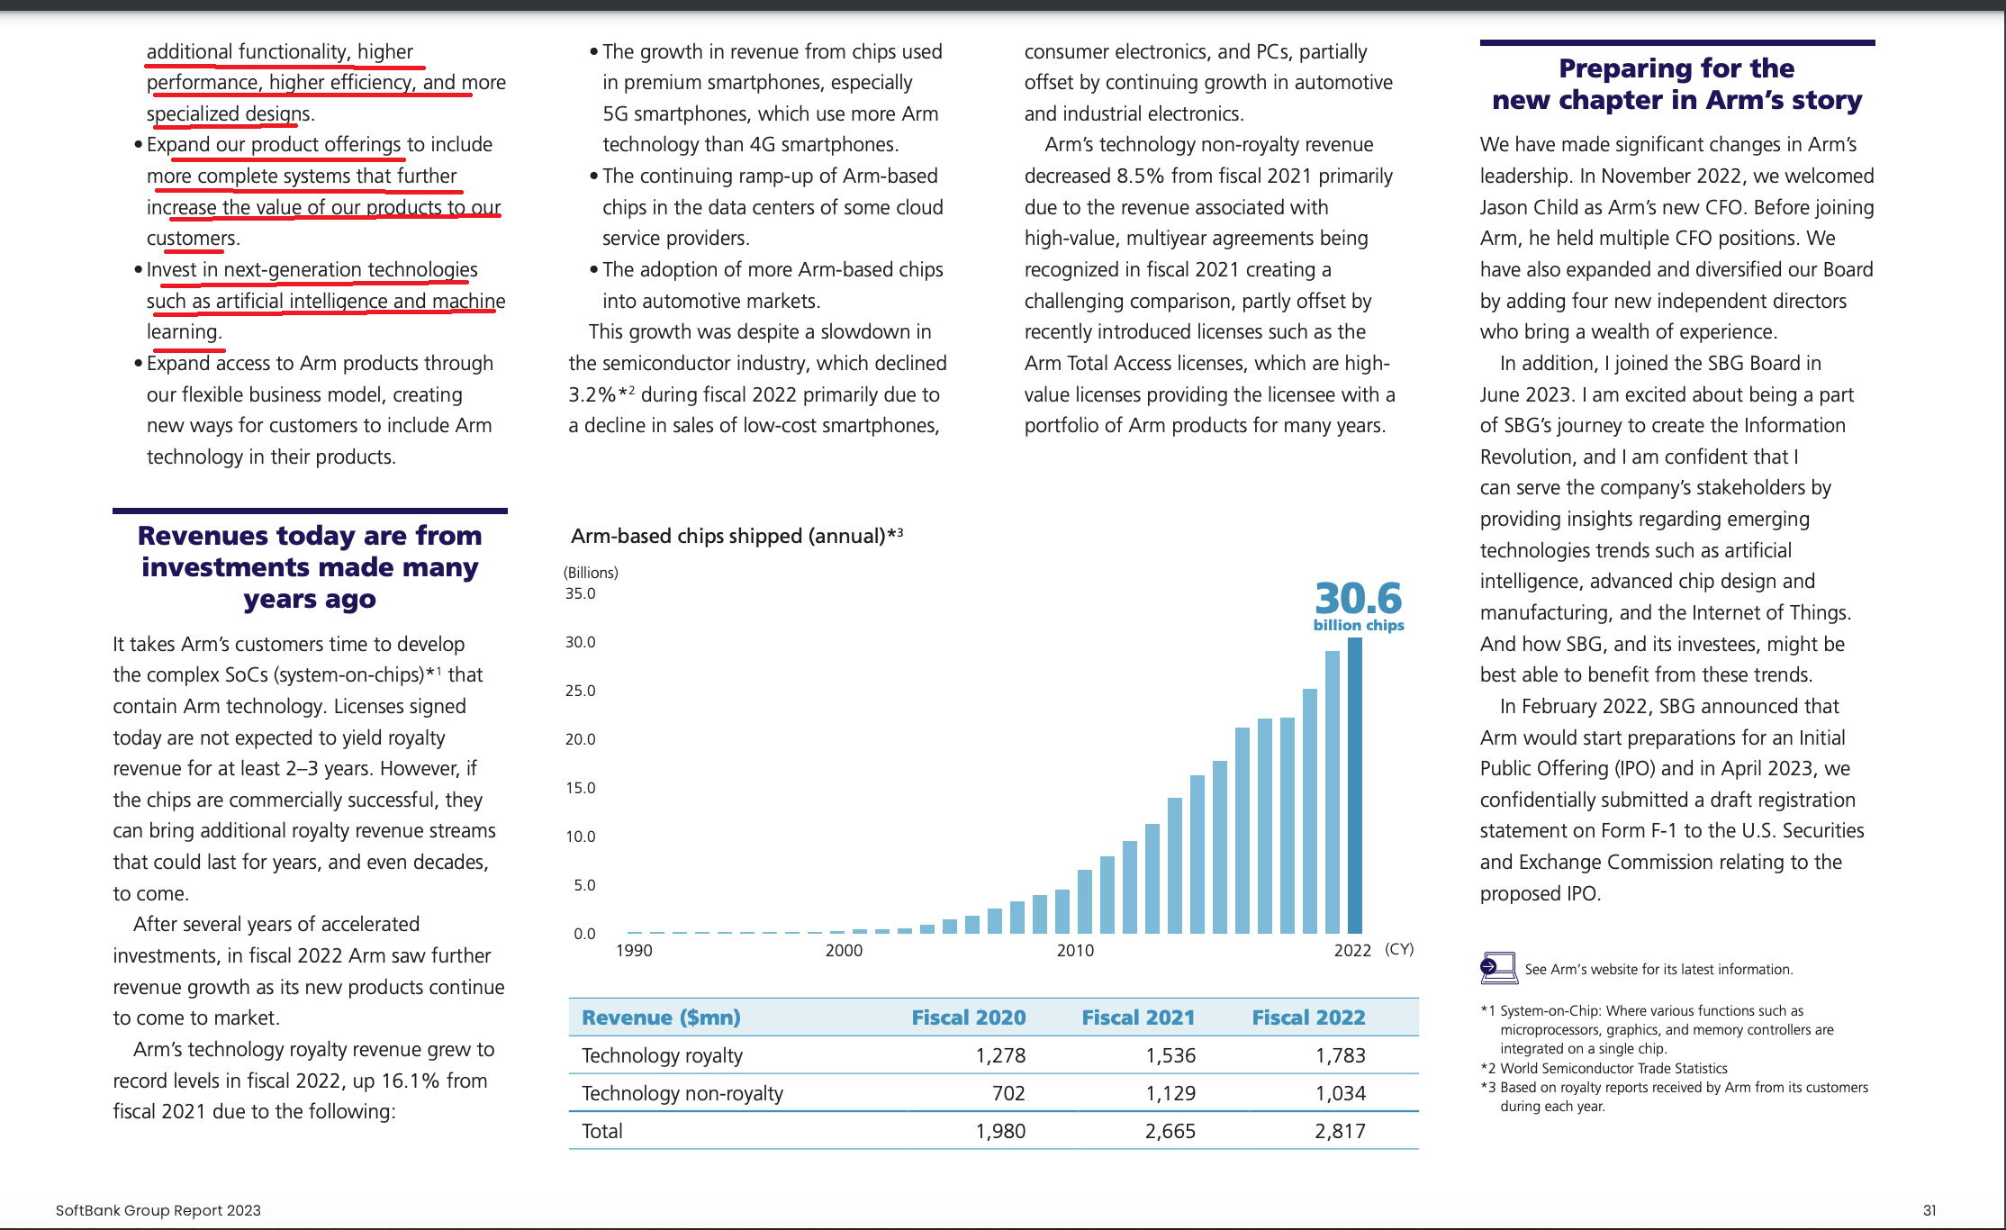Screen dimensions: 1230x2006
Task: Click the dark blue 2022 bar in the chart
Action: click(1354, 785)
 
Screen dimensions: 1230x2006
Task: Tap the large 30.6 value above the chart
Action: click(1358, 598)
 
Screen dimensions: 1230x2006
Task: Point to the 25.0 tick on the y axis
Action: click(580, 691)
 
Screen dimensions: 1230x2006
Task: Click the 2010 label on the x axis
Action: click(1075, 950)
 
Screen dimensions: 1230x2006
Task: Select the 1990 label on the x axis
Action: click(634, 950)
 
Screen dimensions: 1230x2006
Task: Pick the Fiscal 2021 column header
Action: click(1138, 1017)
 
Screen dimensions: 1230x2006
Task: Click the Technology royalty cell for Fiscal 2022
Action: click(1340, 1055)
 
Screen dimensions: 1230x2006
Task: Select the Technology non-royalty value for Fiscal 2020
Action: click(1008, 1093)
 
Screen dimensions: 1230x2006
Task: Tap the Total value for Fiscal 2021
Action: click(1170, 1131)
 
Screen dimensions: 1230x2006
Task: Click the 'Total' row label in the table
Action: click(601, 1131)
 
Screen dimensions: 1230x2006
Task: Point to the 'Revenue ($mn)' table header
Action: click(661, 1017)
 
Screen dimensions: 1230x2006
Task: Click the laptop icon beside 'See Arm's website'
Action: click(1498, 968)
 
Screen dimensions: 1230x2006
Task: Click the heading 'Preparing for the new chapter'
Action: click(1676, 84)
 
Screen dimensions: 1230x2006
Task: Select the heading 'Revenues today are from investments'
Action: click(310, 567)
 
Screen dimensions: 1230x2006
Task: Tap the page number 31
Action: click(1929, 1210)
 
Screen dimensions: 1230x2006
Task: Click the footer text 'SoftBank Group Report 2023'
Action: click(158, 1210)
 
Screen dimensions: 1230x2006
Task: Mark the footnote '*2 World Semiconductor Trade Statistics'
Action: click(1604, 1068)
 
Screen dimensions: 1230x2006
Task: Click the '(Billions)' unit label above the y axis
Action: click(591, 573)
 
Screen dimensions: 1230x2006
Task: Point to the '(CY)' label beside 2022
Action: click(1399, 949)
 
